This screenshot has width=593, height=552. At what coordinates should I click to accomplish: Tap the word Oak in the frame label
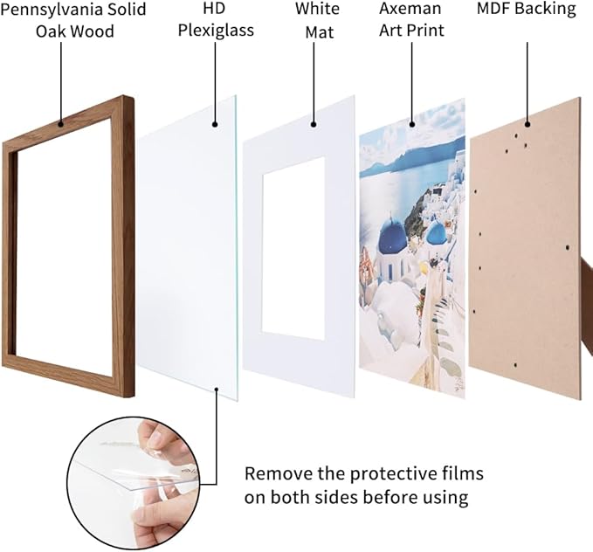click(51, 31)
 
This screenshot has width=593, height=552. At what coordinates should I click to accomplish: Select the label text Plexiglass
click(216, 31)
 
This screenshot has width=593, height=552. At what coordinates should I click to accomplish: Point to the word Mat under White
click(317, 31)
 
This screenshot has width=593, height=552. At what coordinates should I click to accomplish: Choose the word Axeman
click(411, 10)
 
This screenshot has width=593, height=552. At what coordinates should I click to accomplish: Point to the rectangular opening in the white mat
click(293, 246)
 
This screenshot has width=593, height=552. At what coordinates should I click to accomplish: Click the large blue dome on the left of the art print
click(391, 234)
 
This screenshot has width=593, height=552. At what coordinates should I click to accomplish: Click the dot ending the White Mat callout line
click(316, 122)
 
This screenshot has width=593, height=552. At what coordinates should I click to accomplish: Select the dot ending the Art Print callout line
click(411, 122)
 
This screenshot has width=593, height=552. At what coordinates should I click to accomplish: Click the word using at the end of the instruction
click(445, 498)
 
